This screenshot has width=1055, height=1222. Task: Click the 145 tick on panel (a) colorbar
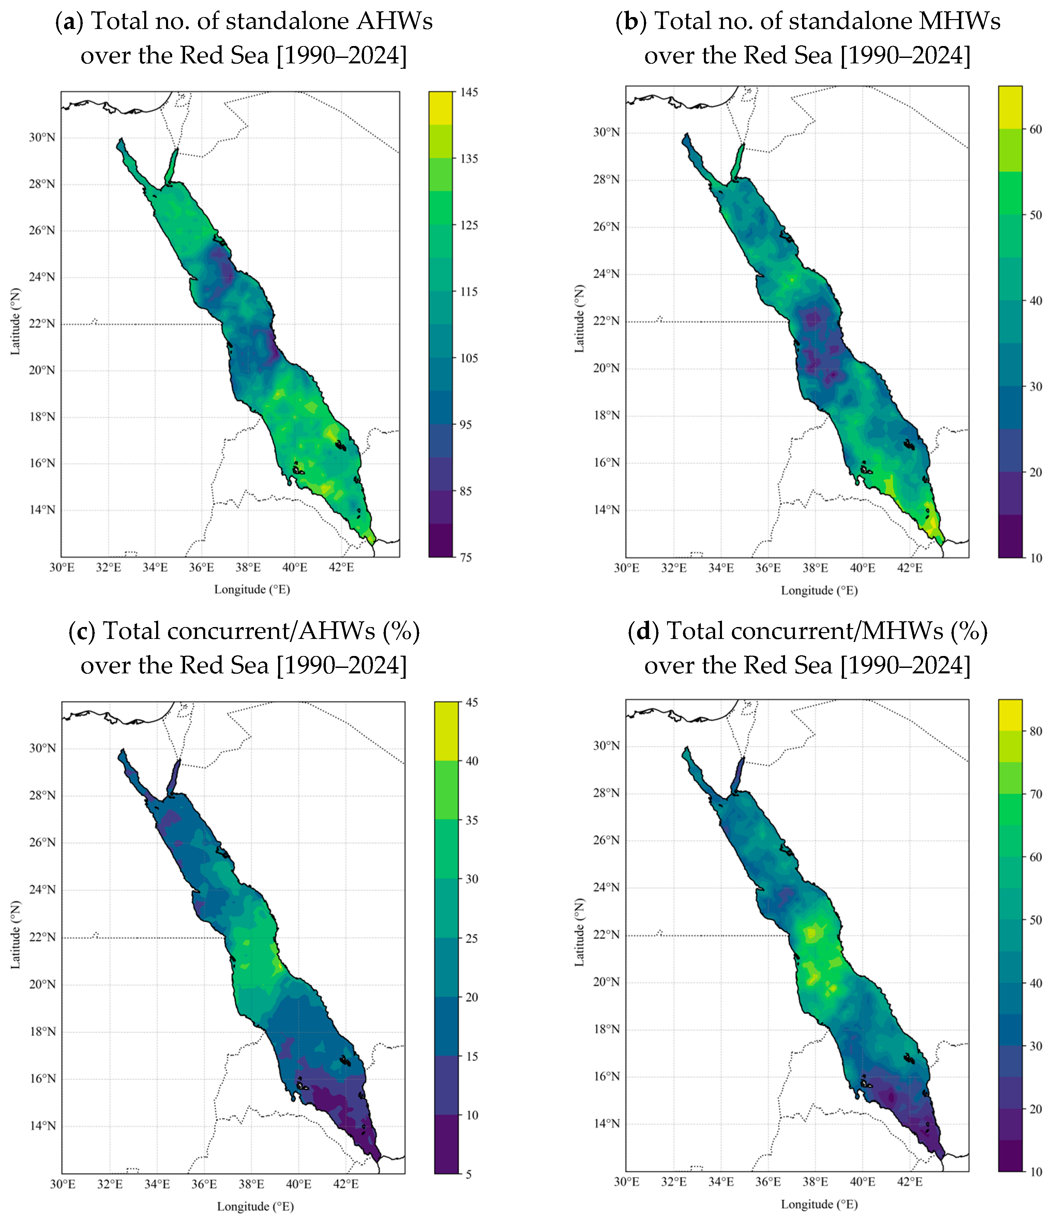pos(469,92)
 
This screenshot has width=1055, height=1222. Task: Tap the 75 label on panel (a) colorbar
pos(466,557)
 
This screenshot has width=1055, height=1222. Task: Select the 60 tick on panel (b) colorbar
pos(1036,129)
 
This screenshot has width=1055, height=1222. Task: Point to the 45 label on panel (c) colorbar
pos(471,702)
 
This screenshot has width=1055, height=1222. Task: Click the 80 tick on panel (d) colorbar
pos(1036,731)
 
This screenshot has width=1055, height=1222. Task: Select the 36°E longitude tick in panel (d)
pos(768,1182)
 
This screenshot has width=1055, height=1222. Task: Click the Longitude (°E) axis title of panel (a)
pos(252,589)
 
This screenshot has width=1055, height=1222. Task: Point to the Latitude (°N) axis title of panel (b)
pos(579,319)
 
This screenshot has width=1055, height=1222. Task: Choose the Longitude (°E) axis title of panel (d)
pos(819,1204)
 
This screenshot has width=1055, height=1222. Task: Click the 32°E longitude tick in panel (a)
pos(109,567)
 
